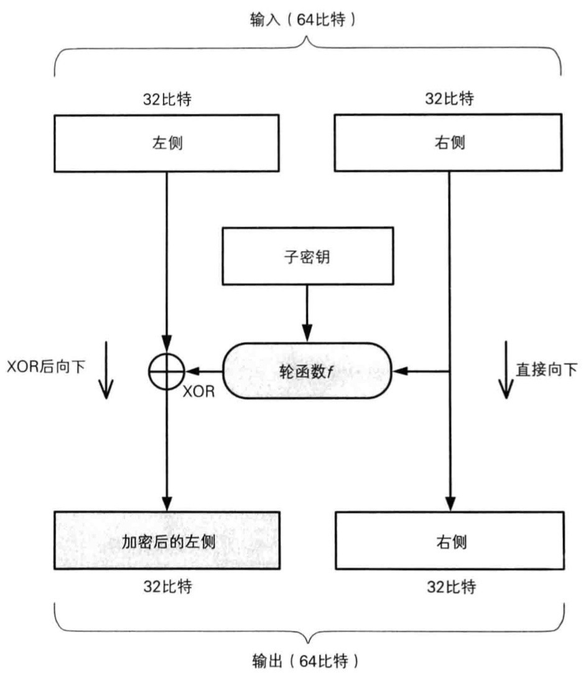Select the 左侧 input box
(167, 143)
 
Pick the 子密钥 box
(307, 256)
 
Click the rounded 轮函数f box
(307, 372)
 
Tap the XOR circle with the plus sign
(166, 372)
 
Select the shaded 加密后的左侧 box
(167, 540)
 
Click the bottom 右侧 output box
(449, 540)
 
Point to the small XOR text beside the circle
(200, 393)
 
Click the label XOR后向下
(47, 368)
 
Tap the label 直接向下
(546, 369)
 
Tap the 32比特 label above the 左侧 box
(167, 99)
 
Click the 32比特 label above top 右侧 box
(448, 99)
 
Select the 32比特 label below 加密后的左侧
(167, 586)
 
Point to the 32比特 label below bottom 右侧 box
(449, 586)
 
